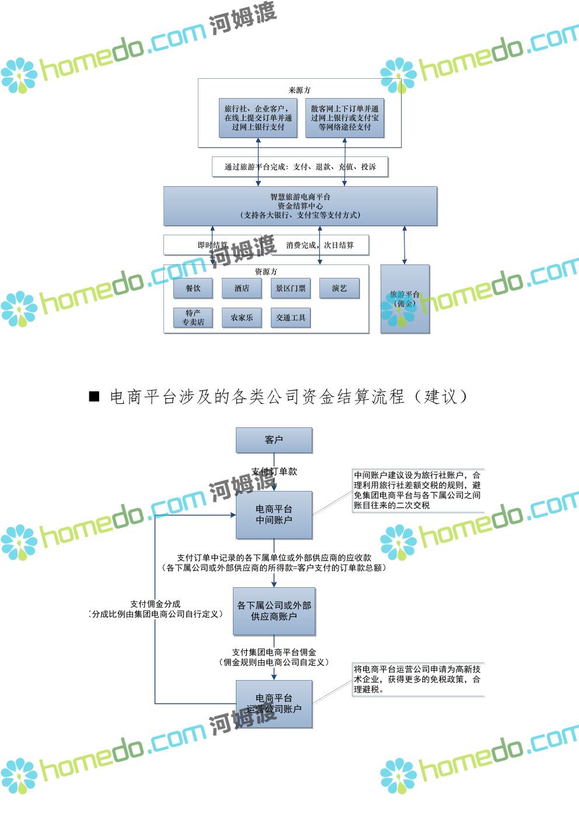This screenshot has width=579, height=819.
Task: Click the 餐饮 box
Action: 193,288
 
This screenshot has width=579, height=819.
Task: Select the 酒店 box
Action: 242,288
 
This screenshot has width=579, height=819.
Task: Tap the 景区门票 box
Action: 291,288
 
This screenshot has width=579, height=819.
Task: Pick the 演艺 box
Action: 339,288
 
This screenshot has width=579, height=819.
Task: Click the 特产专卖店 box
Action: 193,318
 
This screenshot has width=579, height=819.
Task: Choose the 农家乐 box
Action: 242,318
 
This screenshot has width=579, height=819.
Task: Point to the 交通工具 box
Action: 291,318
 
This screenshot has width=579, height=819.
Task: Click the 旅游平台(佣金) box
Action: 404,298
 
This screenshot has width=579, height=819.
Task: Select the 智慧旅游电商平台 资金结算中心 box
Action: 300,206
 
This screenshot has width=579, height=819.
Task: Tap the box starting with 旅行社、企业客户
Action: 258,118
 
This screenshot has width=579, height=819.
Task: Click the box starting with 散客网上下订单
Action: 344,118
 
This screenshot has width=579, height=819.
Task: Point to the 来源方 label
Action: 299,90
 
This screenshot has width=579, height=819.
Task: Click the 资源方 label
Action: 266,271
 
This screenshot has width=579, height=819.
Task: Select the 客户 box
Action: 274,440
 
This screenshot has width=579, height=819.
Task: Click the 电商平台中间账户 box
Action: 274,514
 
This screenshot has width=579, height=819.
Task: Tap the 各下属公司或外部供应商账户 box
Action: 274,611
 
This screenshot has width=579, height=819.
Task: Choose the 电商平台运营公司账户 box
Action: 274,703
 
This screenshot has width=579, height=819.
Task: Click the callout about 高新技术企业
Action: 418,679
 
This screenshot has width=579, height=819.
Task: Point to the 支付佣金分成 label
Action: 155,604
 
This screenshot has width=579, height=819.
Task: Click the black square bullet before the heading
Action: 95,397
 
